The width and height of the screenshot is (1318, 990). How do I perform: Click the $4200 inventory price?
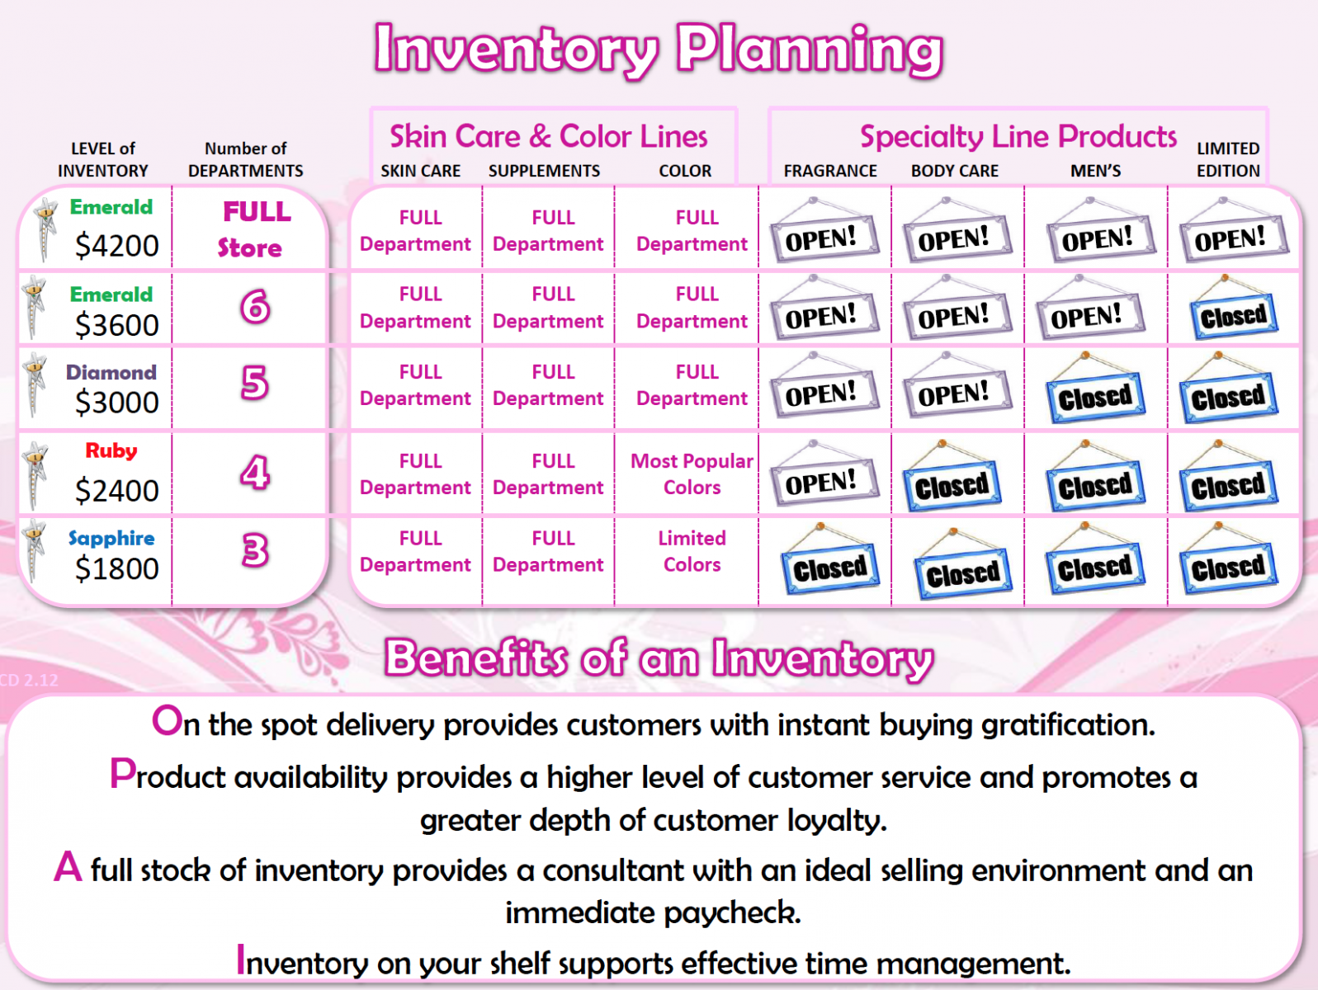point(116,246)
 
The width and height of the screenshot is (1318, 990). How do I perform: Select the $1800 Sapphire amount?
point(116,568)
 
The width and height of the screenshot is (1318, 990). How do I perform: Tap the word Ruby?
point(111,451)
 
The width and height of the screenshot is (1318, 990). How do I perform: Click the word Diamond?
point(111,372)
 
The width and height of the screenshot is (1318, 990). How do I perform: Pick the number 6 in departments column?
point(255,306)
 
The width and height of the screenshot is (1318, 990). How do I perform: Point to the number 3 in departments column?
point(255,550)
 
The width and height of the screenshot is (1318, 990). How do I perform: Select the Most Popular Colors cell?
point(692,474)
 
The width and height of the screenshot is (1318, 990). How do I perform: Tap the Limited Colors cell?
point(692,551)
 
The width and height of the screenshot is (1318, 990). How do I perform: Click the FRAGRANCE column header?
point(830,171)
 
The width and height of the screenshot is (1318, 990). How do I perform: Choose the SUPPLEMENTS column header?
point(544,171)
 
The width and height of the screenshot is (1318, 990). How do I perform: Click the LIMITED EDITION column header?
point(1228,159)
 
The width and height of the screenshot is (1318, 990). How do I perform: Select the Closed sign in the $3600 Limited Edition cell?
point(1233,307)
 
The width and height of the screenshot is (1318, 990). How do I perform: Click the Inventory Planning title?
point(659,49)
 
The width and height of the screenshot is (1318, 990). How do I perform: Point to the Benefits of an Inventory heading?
point(659,658)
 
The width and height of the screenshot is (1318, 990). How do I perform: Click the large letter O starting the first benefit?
point(168,721)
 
